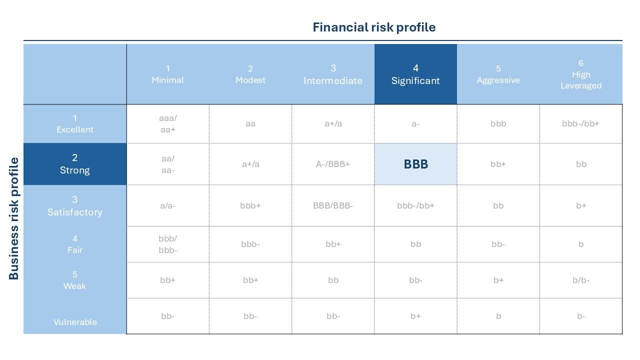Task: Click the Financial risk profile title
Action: click(374, 27)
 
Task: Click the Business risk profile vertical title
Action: click(13, 218)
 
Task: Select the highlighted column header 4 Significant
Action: click(415, 74)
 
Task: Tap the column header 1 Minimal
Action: click(167, 74)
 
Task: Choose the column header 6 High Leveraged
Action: click(581, 74)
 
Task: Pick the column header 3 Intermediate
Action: click(333, 74)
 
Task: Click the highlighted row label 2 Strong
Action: click(75, 164)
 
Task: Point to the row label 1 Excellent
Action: click(75, 123)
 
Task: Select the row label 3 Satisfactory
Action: click(75, 205)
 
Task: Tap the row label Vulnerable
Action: click(75, 322)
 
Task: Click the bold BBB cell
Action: click(415, 164)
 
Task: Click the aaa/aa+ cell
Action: click(167, 123)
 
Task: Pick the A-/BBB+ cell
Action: click(333, 164)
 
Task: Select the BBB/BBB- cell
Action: click(333, 205)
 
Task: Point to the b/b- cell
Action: click(581, 280)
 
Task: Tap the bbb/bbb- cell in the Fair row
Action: click(167, 244)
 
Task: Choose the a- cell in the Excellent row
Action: click(415, 123)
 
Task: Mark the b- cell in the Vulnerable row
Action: click(581, 316)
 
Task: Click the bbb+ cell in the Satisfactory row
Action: click(250, 205)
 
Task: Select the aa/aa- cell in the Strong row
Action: click(167, 164)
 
